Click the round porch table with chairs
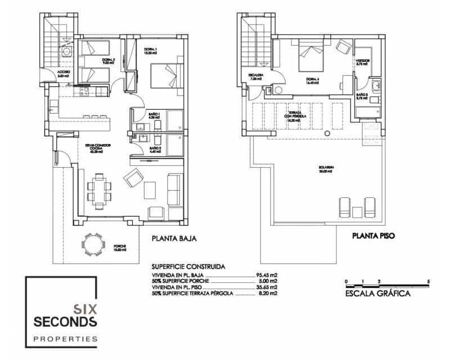92,244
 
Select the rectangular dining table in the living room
99,188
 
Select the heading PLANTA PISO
373,237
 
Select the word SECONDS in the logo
65,322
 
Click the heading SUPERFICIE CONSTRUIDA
188,266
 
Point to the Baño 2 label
155,150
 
